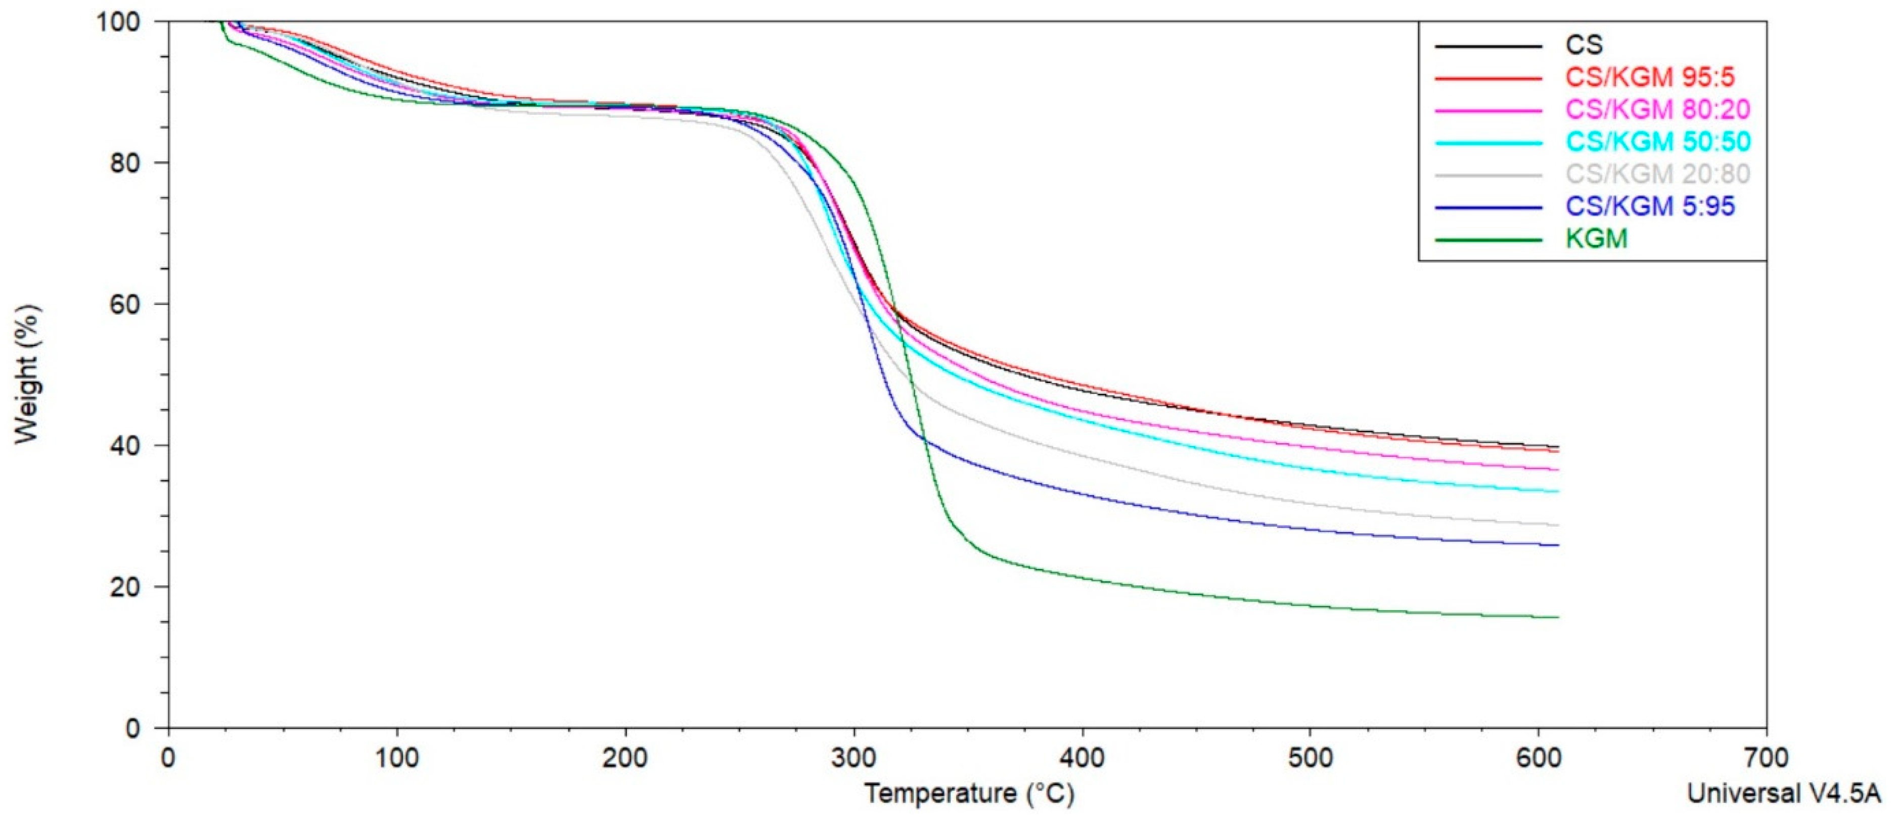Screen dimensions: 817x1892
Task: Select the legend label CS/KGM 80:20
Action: click(x=1656, y=109)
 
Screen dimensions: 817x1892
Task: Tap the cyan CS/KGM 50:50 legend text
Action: click(x=1656, y=141)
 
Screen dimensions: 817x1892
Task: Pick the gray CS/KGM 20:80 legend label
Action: click(x=1656, y=174)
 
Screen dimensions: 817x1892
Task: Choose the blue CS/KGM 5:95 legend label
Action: click(x=1649, y=206)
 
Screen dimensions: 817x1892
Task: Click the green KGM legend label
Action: click(x=1597, y=238)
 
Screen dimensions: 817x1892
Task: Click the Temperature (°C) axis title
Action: click(x=969, y=794)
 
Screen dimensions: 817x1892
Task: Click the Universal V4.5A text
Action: click(x=1788, y=794)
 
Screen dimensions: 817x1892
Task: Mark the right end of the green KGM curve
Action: click(x=1557, y=617)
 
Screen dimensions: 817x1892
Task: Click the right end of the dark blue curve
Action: click(x=1557, y=545)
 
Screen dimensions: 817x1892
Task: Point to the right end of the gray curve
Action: click(x=1557, y=525)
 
